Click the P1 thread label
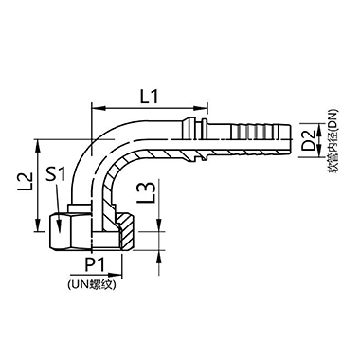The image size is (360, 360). tap(96, 266)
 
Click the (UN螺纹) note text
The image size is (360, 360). tap(95, 283)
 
